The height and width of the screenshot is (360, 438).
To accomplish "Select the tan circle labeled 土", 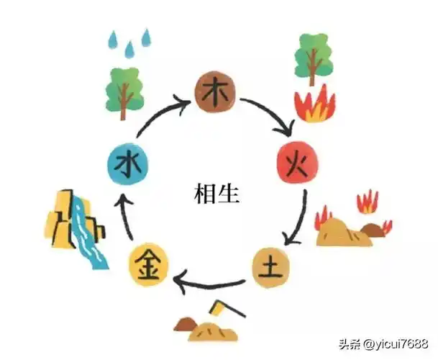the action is click(272, 268).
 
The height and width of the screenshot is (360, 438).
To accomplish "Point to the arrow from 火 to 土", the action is click(296, 220).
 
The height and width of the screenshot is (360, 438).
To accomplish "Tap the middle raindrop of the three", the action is click(129, 48).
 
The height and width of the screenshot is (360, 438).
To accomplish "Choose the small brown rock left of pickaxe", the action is click(186, 325).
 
